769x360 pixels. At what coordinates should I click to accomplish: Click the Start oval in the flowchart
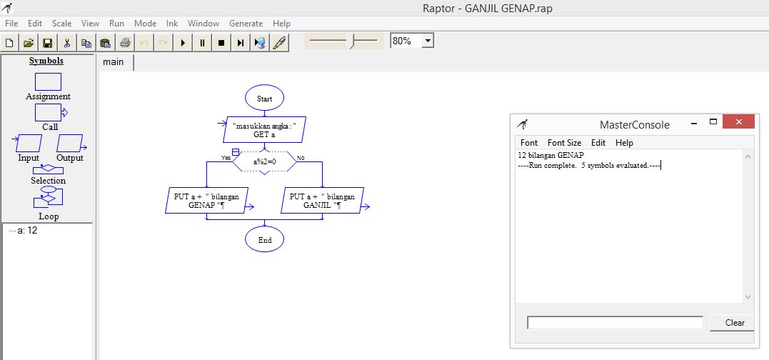264,98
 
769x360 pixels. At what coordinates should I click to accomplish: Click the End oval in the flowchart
264,240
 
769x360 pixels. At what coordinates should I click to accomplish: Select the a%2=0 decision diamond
264,162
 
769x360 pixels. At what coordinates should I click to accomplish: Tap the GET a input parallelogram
264,129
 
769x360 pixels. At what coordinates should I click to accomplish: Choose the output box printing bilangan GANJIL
323,201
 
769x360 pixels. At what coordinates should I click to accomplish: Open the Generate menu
246,24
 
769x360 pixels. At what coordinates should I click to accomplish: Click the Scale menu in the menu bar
61,24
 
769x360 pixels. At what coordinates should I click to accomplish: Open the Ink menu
172,24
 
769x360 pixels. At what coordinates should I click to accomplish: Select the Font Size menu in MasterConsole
564,143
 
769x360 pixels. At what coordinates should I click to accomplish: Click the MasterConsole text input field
615,323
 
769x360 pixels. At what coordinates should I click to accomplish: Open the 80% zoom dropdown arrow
428,41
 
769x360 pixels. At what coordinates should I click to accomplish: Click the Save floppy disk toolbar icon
48,43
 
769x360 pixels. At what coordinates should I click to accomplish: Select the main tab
114,62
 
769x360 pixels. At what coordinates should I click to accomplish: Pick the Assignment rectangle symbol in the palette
48,82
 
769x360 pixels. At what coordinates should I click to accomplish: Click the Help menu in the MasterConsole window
624,143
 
